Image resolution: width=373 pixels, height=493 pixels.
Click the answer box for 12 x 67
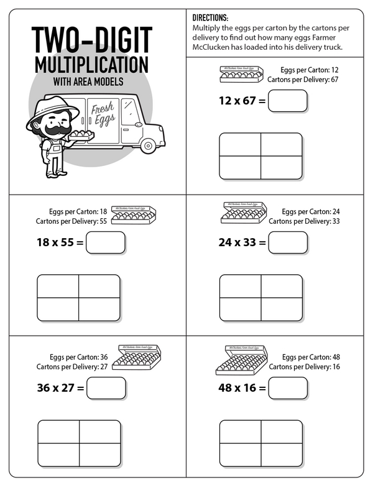pos(287,101)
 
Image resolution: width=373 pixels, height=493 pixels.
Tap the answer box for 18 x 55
pos(106,242)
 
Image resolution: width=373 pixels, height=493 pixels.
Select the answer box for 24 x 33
pos(287,242)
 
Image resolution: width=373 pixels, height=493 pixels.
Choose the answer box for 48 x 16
pos(287,388)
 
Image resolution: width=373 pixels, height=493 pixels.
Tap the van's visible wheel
pos(148,145)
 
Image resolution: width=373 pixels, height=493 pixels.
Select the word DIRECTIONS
pos(210,18)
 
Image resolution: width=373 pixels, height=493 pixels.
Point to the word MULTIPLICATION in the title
pos(92,65)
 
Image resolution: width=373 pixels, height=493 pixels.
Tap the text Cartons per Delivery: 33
pos(295,221)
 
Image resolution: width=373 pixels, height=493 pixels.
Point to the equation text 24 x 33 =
pos(242,242)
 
